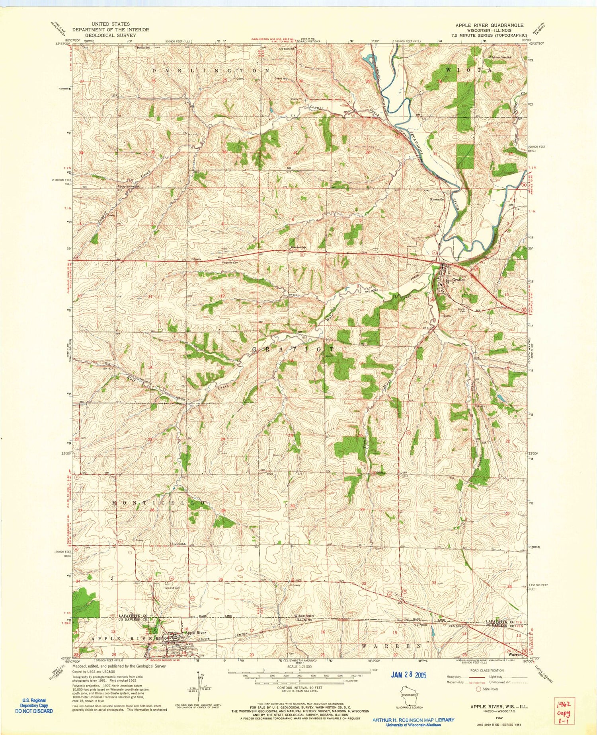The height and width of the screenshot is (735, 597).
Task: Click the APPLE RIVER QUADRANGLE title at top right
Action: pos(490,25)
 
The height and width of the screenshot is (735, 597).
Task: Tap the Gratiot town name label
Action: pos(458,280)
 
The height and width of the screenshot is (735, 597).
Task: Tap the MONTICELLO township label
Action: pos(160,503)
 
